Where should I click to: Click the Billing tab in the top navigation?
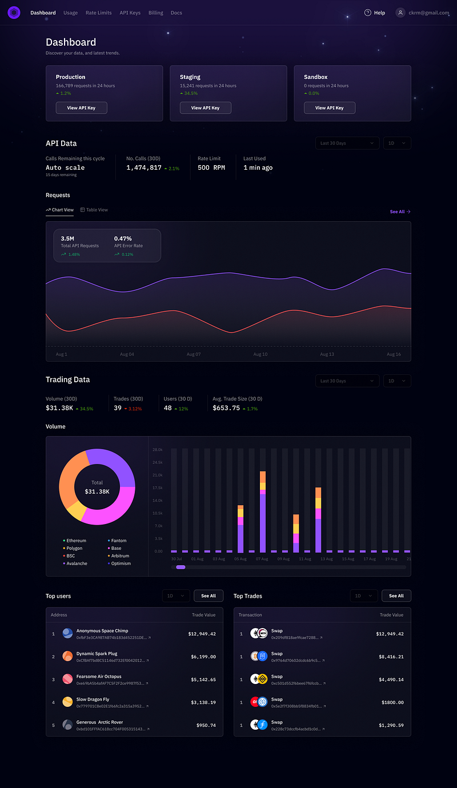click(x=155, y=13)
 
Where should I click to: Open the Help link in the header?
click(x=375, y=13)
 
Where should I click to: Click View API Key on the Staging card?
click(x=205, y=107)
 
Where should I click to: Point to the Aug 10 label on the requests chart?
click(x=260, y=354)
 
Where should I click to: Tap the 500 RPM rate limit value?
click(x=211, y=167)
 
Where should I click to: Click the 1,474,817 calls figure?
click(x=144, y=167)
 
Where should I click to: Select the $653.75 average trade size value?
click(x=226, y=408)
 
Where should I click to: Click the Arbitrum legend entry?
click(x=120, y=556)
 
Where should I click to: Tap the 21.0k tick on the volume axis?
click(x=157, y=475)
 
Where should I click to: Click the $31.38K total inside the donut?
click(x=97, y=491)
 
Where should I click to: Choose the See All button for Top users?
click(x=208, y=596)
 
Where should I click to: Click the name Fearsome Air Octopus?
click(x=99, y=677)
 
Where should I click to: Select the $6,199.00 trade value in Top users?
click(x=203, y=657)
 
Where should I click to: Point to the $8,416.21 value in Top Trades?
click(x=391, y=657)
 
